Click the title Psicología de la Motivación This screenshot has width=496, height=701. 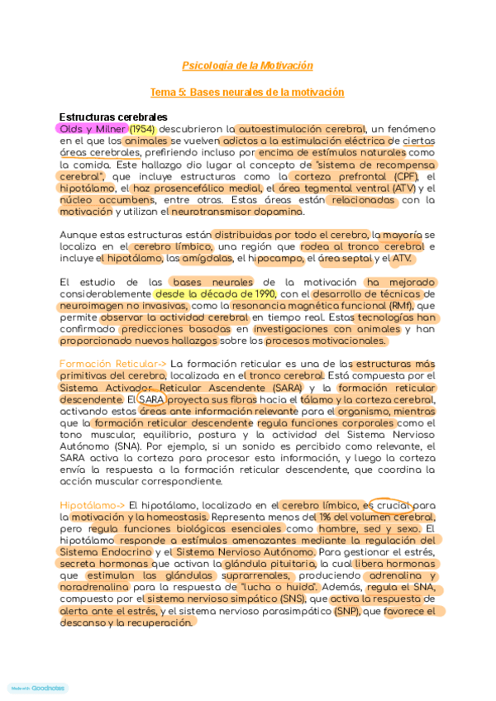point(247,66)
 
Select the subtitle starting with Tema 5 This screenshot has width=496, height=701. point(247,93)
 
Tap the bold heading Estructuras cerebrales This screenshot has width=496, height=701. point(113,117)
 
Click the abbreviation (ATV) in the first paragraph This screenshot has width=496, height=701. point(405,188)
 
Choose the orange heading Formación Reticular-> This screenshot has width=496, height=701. point(113,364)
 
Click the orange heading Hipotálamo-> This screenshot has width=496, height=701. point(93,505)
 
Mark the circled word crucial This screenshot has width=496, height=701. point(388,505)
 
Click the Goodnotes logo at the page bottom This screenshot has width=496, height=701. point(38,688)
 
